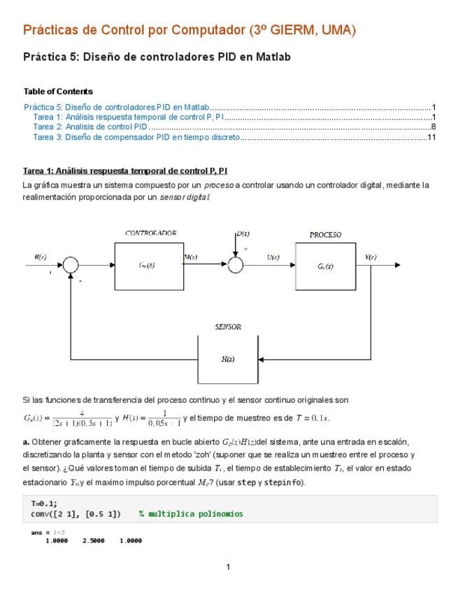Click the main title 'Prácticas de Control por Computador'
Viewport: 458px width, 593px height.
(189, 30)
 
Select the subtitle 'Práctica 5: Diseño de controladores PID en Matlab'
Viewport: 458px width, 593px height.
(157, 57)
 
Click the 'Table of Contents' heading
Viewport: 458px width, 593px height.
(58, 92)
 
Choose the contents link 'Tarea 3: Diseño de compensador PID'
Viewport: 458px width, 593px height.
(136, 137)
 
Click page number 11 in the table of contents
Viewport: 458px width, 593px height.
(431, 137)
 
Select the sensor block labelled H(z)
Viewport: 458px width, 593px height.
(227, 359)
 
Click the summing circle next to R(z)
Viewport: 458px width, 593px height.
(71, 265)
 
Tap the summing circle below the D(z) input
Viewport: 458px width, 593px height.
(236, 265)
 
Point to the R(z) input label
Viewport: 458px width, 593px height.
(40, 257)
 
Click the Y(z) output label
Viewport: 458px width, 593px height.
(371, 257)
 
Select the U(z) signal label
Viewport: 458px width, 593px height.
(273, 257)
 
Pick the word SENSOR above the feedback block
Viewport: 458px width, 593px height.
(228, 327)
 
